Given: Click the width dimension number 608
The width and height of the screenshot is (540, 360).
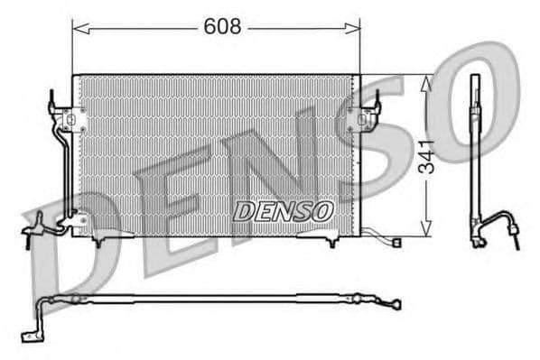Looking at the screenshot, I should click(222, 28).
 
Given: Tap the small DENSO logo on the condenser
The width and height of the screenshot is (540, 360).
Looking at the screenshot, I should click(284, 210).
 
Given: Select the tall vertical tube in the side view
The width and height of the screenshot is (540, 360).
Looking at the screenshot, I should click(473, 153).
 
